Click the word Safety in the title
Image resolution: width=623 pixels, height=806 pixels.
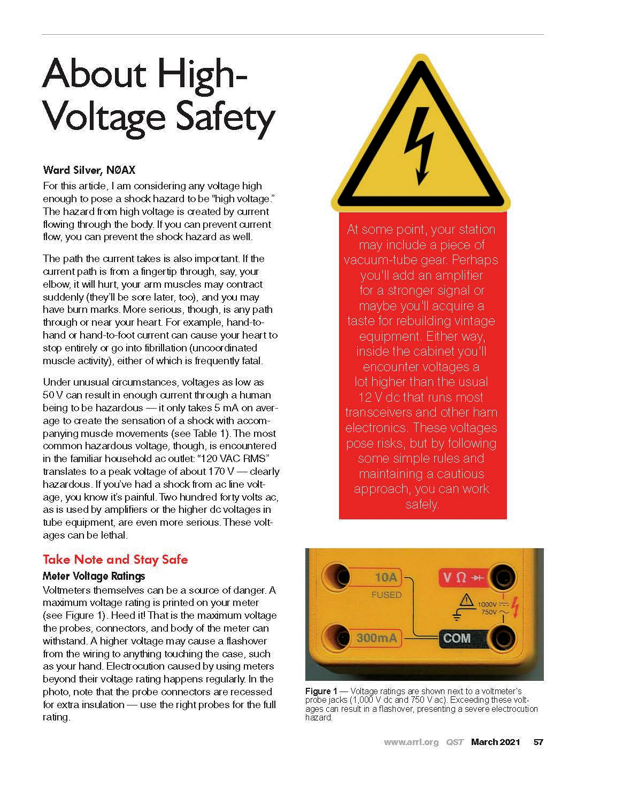click(x=225, y=116)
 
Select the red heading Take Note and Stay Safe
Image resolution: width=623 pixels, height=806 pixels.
click(x=115, y=559)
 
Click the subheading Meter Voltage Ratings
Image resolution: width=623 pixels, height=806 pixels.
click(x=94, y=576)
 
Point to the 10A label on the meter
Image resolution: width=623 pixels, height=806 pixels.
click(x=385, y=577)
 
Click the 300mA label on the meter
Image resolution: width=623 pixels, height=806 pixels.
click(x=377, y=638)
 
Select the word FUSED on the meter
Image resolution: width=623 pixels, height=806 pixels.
click(x=386, y=595)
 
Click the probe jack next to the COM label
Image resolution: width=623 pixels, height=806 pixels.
click(x=503, y=637)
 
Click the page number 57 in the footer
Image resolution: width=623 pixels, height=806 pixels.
click(x=539, y=742)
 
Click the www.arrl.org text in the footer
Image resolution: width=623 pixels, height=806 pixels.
click(x=411, y=742)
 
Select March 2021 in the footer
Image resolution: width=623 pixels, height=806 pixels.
click(x=495, y=742)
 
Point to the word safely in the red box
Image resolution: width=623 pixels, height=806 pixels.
click(x=422, y=504)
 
